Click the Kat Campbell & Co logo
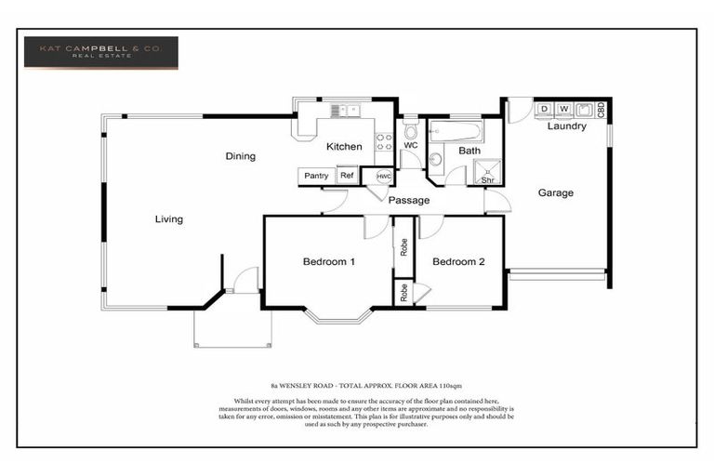[100, 53]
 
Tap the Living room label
[168, 219]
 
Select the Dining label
[240, 156]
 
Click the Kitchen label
[343, 147]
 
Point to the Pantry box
[316, 176]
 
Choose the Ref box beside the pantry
[347, 176]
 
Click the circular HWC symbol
[383, 176]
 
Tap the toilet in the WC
[410, 132]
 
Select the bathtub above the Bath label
[455, 131]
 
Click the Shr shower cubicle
[487, 172]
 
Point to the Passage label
[408, 200]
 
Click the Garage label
[555, 193]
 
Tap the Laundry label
[566, 126]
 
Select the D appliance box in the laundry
[545, 109]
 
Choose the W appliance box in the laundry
[563, 109]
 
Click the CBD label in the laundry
[602, 109]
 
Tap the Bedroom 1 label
[329, 262]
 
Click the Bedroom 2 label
[458, 262]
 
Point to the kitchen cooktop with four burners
[383, 141]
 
